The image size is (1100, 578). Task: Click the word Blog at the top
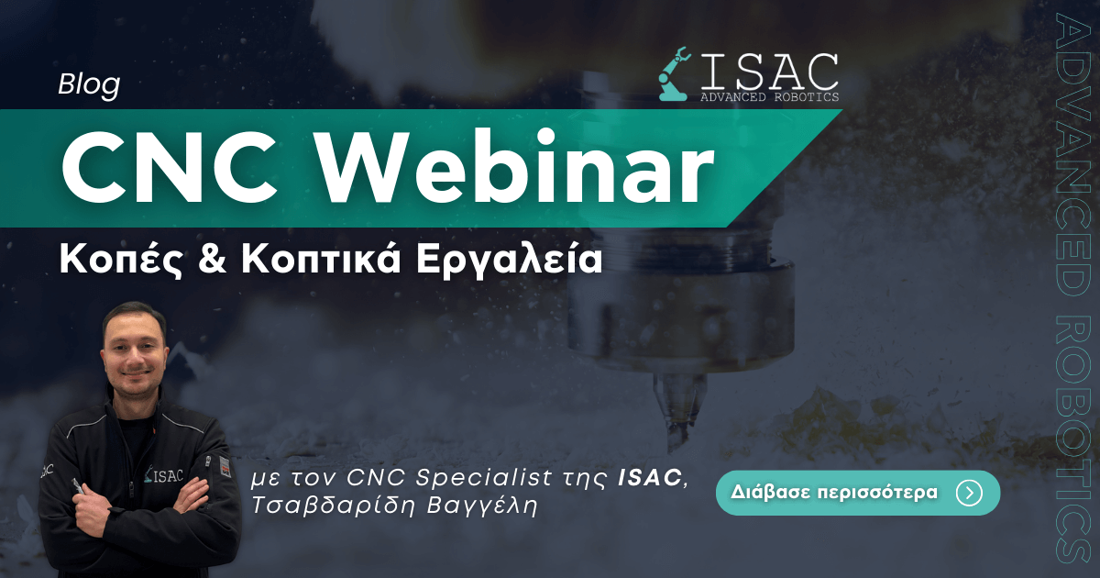click(x=89, y=85)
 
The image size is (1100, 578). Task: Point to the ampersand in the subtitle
click(x=212, y=259)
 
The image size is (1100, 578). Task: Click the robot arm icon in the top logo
click(x=676, y=73)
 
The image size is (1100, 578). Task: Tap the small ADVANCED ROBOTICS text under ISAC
click(x=769, y=97)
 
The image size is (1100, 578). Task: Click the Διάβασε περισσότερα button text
click(x=834, y=492)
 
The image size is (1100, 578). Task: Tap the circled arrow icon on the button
click(x=970, y=493)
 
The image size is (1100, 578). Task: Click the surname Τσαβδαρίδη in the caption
click(x=334, y=506)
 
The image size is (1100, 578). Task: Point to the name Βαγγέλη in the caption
click(x=482, y=506)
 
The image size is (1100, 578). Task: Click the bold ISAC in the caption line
click(x=649, y=477)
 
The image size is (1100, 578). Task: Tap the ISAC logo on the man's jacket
click(x=164, y=475)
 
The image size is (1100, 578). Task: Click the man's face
click(x=134, y=351)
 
